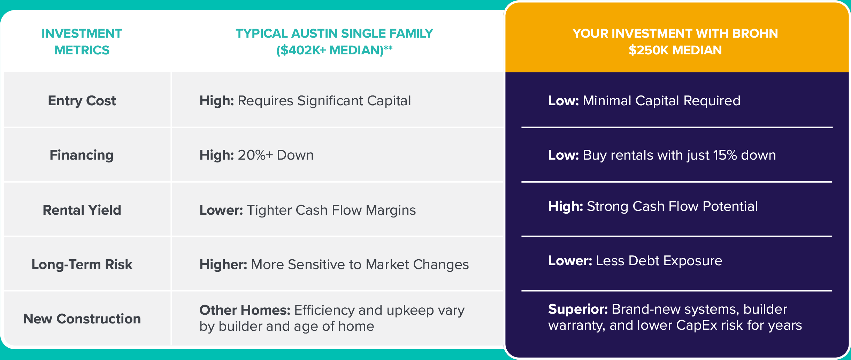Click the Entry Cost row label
coord(82,101)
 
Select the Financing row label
coord(82,155)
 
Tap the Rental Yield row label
coord(82,210)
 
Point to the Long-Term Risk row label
coord(82,265)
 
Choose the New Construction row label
coord(82,319)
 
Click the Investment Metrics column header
coord(82,42)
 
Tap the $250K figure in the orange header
coord(649,50)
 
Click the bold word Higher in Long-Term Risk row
coord(223,265)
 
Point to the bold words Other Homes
coord(245,310)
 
